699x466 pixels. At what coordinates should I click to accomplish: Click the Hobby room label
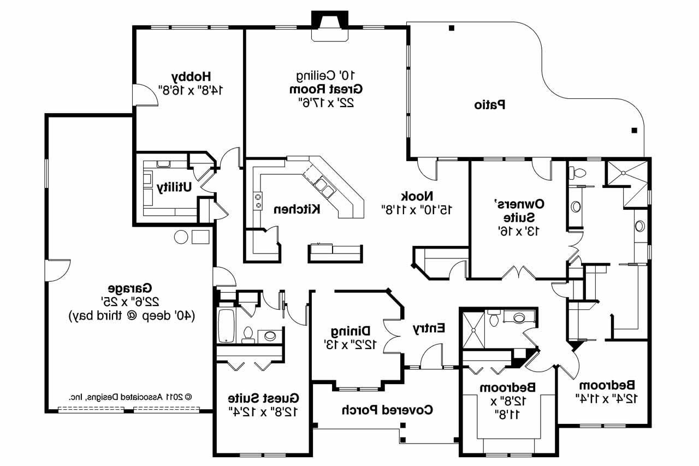click(x=191, y=75)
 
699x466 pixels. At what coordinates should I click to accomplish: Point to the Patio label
click(x=489, y=104)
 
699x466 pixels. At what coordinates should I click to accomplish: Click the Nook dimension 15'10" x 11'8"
click(x=418, y=209)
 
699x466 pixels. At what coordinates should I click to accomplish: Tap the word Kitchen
click(x=297, y=209)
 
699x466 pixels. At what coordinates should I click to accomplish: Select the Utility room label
click(x=174, y=187)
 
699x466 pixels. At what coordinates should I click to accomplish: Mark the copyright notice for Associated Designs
click(x=131, y=397)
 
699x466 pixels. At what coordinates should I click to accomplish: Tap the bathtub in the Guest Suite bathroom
click(x=226, y=326)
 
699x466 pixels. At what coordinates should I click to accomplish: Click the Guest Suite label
click(x=264, y=397)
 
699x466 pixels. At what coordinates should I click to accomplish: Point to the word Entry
click(x=429, y=328)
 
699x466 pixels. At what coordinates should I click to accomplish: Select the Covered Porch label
click(x=387, y=409)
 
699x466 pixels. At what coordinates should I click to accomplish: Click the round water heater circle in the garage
click(x=181, y=237)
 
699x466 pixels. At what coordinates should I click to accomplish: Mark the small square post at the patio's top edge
click(x=451, y=28)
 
